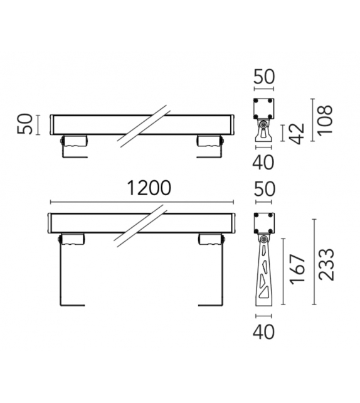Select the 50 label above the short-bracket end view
(264, 78)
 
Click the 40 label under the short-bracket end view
(264, 162)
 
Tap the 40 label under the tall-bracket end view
(264, 331)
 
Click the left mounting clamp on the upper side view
(74, 142)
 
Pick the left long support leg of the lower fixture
(61, 276)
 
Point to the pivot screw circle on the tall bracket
(264, 240)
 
